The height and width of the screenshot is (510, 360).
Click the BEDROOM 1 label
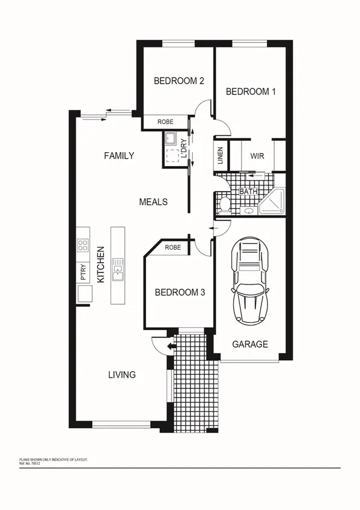click(250, 91)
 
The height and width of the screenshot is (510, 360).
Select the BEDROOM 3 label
click(180, 293)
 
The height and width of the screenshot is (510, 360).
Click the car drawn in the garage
click(251, 280)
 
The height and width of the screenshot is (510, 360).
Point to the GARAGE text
click(250, 344)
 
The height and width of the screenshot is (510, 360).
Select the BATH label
click(248, 192)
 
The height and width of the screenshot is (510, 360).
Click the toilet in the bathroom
click(224, 204)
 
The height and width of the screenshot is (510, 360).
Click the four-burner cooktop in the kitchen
click(83, 245)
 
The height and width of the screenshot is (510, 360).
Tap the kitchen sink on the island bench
click(117, 269)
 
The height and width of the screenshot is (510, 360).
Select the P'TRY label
click(83, 272)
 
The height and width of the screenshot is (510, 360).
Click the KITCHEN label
click(102, 265)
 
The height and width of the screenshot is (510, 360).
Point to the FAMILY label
click(119, 156)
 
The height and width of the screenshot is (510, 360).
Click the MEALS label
click(153, 202)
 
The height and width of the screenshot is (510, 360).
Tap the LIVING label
click(121, 374)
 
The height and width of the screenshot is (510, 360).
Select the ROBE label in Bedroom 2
click(165, 122)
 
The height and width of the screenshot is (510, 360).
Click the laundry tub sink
click(170, 140)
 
